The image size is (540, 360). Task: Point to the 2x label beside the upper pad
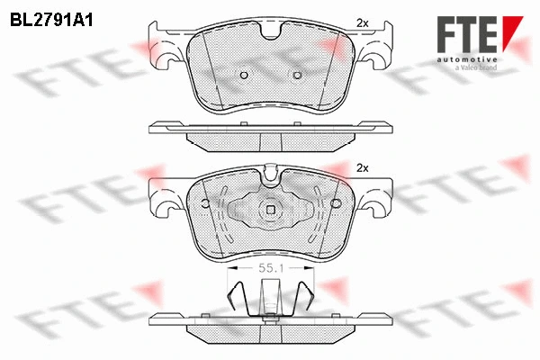tap(363, 22)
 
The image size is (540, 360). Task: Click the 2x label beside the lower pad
tap(364, 167)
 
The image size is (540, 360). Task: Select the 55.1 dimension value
tap(270, 267)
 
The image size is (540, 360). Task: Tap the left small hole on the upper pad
tap(242, 75)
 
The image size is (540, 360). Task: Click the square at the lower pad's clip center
tap(270, 211)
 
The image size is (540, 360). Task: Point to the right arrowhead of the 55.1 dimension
tap(310, 267)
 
